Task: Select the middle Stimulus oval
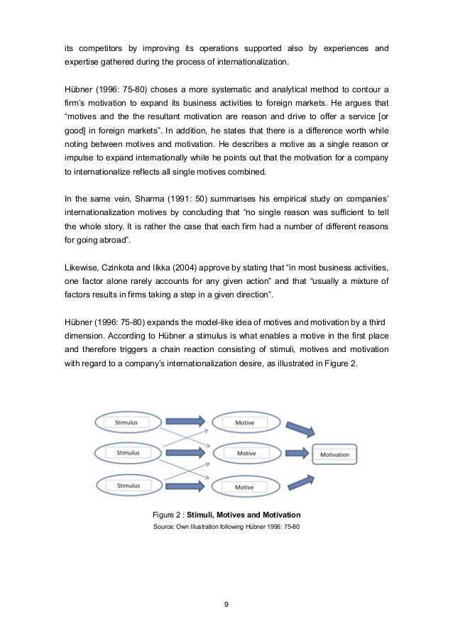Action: click(x=129, y=452)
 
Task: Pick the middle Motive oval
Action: click(x=246, y=453)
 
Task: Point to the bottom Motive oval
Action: click(x=244, y=487)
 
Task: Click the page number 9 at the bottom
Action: click(x=226, y=605)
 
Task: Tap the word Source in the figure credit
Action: click(x=163, y=527)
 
